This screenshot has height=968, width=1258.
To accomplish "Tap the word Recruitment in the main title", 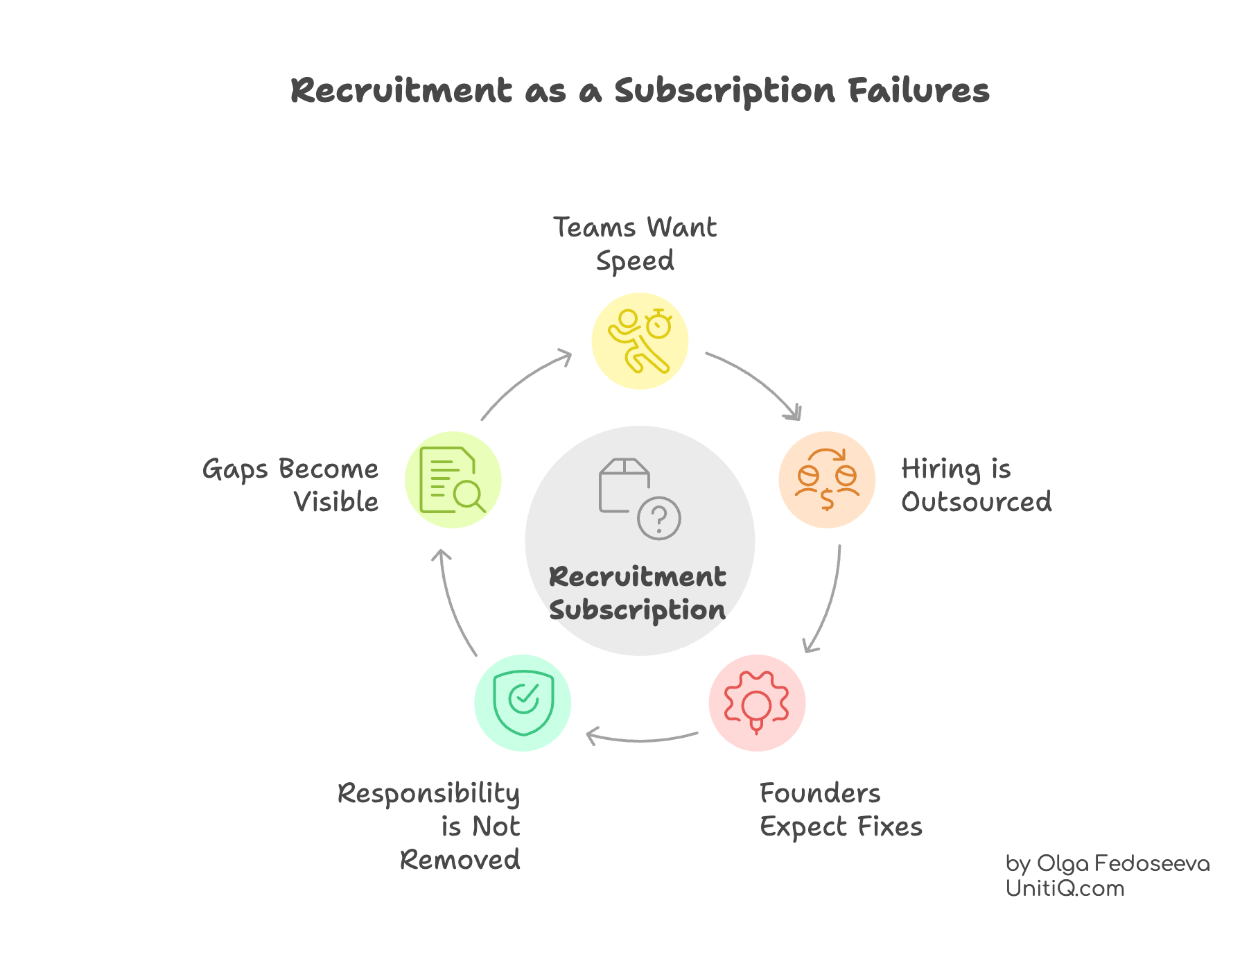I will [x=401, y=91].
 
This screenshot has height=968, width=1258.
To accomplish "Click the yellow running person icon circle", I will [x=639, y=341].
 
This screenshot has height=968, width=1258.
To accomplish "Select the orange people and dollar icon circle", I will [x=826, y=480].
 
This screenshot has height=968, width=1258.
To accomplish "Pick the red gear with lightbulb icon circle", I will [x=757, y=703].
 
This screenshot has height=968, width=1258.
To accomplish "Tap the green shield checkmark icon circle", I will [x=523, y=703].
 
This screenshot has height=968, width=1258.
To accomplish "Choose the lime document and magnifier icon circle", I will [x=453, y=480].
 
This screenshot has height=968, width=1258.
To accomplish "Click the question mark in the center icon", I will [x=659, y=518].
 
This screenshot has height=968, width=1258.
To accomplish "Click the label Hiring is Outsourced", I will [x=976, y=485].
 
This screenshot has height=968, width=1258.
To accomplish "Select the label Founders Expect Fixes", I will [x=840, y=810].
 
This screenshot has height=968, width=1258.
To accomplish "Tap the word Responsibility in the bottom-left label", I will [x=428, y=794].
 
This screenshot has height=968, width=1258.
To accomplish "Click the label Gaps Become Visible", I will [x=291, y=485].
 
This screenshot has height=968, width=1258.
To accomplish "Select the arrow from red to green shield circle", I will [x=641, y=739].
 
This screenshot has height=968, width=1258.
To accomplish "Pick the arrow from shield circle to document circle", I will [x=452, y=603].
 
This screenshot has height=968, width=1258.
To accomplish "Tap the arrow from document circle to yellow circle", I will [x=523, y=381].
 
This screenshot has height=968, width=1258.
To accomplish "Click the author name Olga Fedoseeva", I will [x=1122, y=864].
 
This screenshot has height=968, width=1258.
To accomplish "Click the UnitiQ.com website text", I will [x=1065, y=888].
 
